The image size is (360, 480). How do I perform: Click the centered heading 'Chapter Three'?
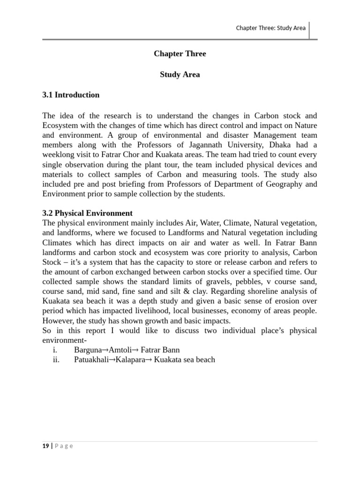[180, 54]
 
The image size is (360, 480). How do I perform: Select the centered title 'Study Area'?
[180, 75]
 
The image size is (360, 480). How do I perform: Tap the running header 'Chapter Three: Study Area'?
[270, 28]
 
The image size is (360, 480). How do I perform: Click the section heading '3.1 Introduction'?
[71, 95]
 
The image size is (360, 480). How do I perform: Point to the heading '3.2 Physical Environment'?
[87, 213]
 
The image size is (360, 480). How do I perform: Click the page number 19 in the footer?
[45, 446]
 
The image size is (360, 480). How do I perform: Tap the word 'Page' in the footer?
[64, 446]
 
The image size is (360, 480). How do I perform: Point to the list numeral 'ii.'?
[57, 360]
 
